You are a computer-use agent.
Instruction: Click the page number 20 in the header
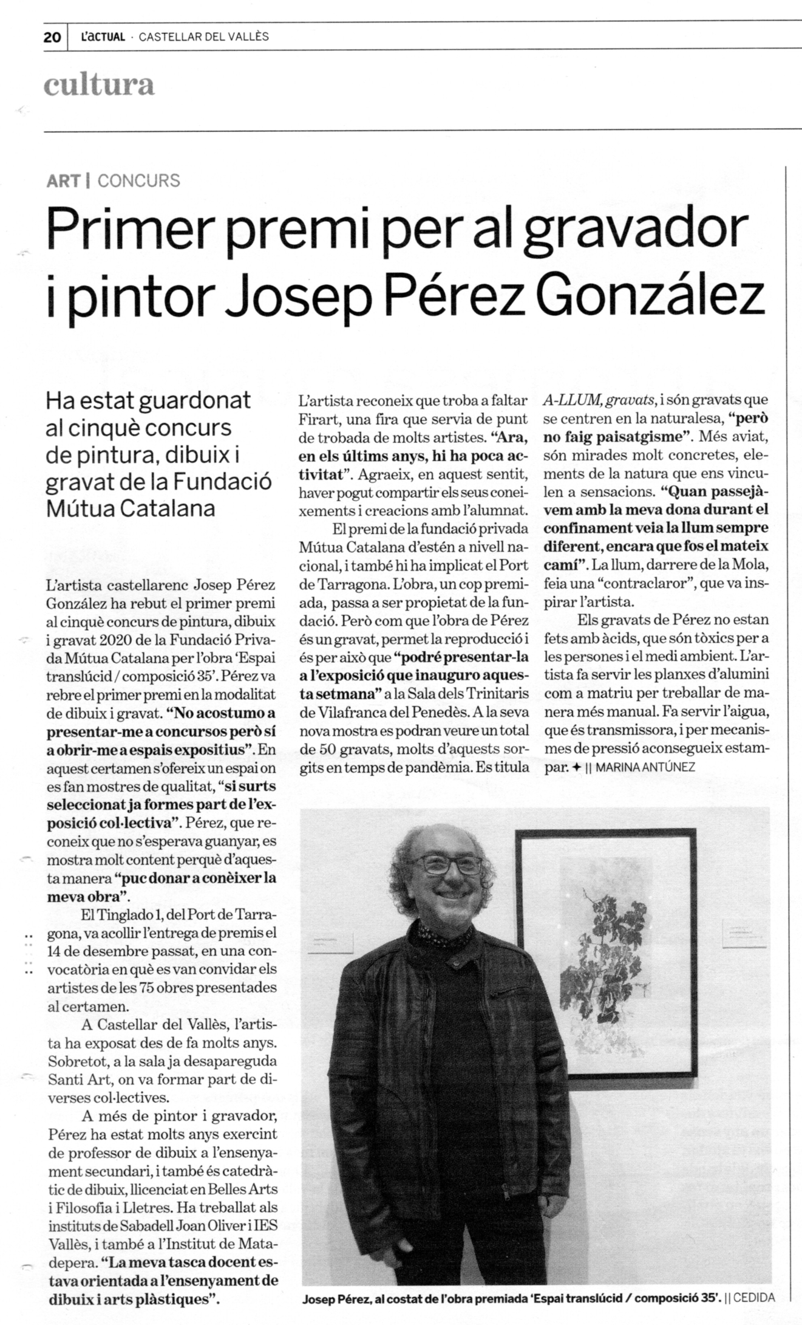point(52,37)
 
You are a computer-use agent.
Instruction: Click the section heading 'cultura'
point(99,85)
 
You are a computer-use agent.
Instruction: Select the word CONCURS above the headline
point(138,180)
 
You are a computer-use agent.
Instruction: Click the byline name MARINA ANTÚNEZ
point(645,767)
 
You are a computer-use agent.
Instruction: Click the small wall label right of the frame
point(743,933)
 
